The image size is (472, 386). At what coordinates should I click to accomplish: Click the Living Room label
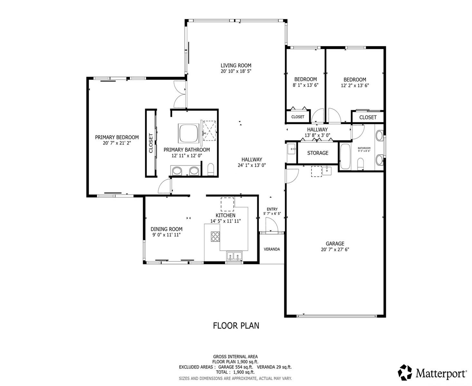[236, 66]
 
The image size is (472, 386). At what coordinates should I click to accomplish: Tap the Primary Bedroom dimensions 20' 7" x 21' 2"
[117, 143]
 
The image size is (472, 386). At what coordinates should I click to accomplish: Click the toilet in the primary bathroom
[211, 170]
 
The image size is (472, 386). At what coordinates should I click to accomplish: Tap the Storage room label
[318, 153]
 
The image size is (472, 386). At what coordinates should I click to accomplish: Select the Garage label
[335, 244]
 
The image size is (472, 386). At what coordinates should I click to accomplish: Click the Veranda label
[272, 249]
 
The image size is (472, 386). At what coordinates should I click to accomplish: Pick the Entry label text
[272, 209]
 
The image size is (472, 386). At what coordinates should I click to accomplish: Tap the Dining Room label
[166, 229]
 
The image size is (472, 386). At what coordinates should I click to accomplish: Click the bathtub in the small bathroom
[345, 156]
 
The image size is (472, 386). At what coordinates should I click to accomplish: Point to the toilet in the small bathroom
[360, 163]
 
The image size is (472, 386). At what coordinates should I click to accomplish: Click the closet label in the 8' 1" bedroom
[298, 117]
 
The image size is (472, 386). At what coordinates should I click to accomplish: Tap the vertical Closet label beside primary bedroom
[150, 143]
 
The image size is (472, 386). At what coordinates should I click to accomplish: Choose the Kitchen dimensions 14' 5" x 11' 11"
[226, 221]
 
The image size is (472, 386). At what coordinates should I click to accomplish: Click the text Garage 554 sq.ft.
[236, 367]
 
